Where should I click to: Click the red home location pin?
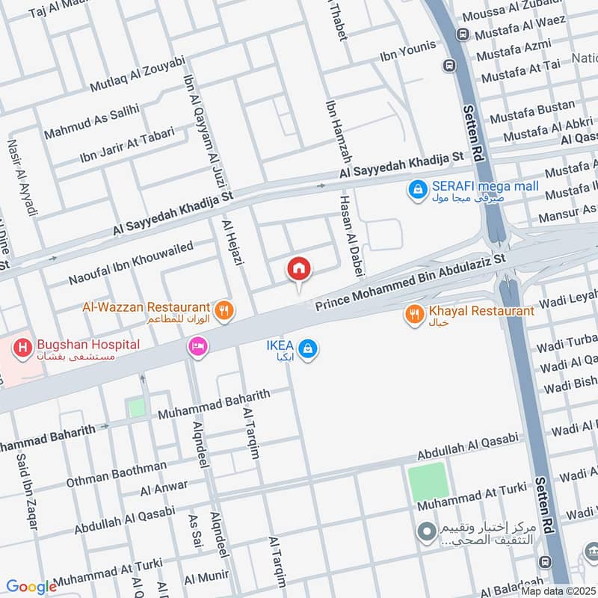click(x=299, y=269)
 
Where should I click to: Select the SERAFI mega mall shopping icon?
click(x=416, y=191)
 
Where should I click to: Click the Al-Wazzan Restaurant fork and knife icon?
click(x=222, y=308)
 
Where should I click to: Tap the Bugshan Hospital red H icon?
click(x=23, y=348)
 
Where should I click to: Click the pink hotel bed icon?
click(x=198, y=346)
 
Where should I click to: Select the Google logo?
click(x=31, y=588)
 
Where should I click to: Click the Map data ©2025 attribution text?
click(x=558, y=591)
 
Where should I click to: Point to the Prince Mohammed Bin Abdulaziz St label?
click(x=410, y=282)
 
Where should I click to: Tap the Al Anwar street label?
click(x=164, y=487)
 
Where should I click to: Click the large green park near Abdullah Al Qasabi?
click(x=428, y=483)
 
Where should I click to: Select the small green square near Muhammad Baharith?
click(x=136, y=408)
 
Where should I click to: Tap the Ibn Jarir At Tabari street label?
click(x=126, y=145)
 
